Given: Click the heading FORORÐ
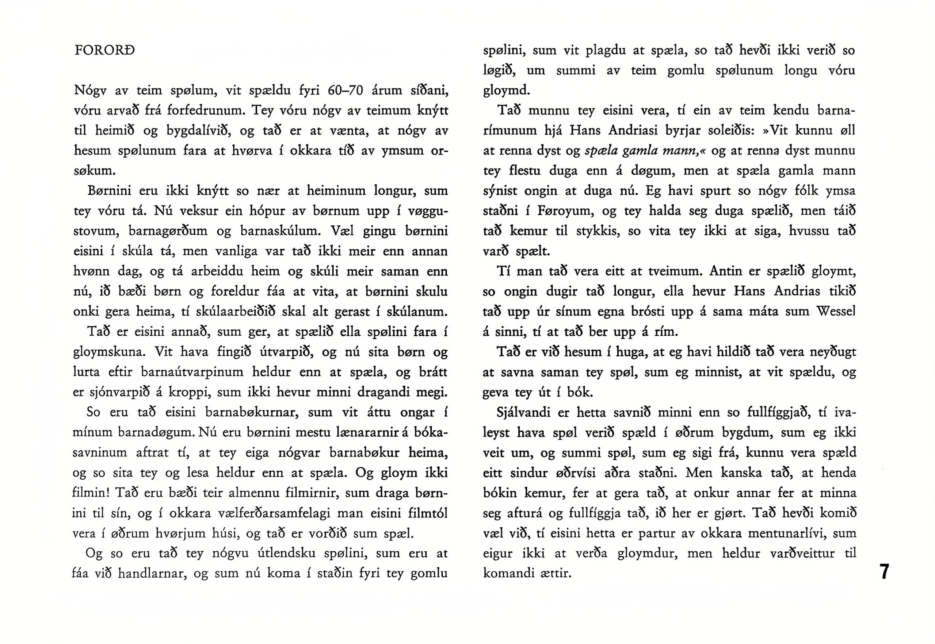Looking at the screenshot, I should tap(104, 51).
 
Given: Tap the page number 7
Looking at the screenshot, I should tap(884, 572).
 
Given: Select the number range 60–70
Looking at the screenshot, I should tap(345, 90).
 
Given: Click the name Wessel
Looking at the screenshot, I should tap(836, 312).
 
